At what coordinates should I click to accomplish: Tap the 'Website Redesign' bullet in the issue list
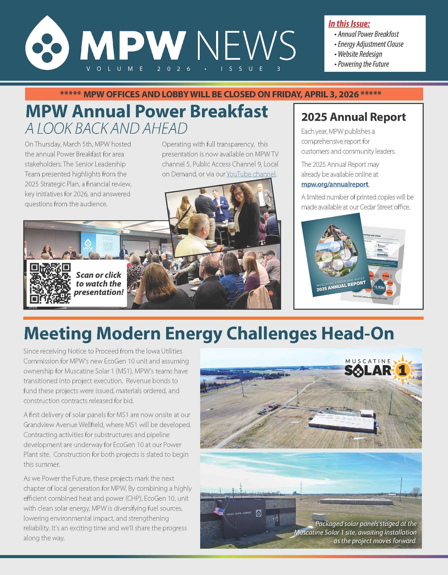(x=360, y=54)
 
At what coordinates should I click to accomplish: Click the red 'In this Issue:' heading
(x=349, y=24)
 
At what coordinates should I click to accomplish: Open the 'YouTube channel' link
(x=251, y=174)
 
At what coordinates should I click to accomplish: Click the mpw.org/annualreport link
(x=335, y=184)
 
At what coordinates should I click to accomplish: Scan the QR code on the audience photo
(x=50, y=284)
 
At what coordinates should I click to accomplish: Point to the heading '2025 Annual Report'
(x=353, y=117)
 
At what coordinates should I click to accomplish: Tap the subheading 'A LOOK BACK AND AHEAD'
(x=106, y=129)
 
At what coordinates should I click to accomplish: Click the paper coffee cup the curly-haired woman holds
(x=232, y=228)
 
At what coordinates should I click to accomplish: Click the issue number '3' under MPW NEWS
(x=279, y=69)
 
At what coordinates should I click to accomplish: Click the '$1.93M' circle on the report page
(x=379, y=287)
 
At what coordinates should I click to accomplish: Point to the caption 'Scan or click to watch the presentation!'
(x=99, y=284)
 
